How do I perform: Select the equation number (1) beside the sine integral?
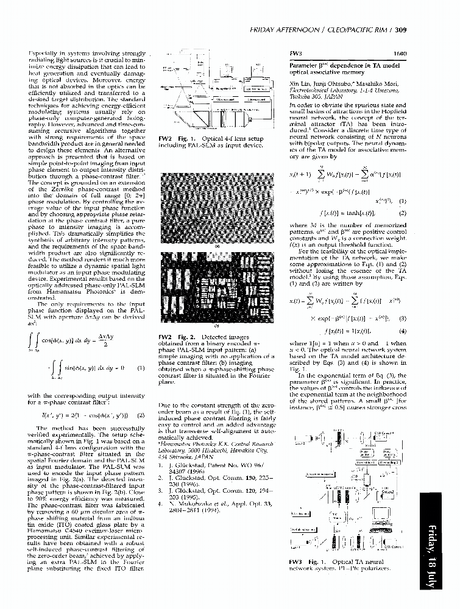click(x=141, y=368)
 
